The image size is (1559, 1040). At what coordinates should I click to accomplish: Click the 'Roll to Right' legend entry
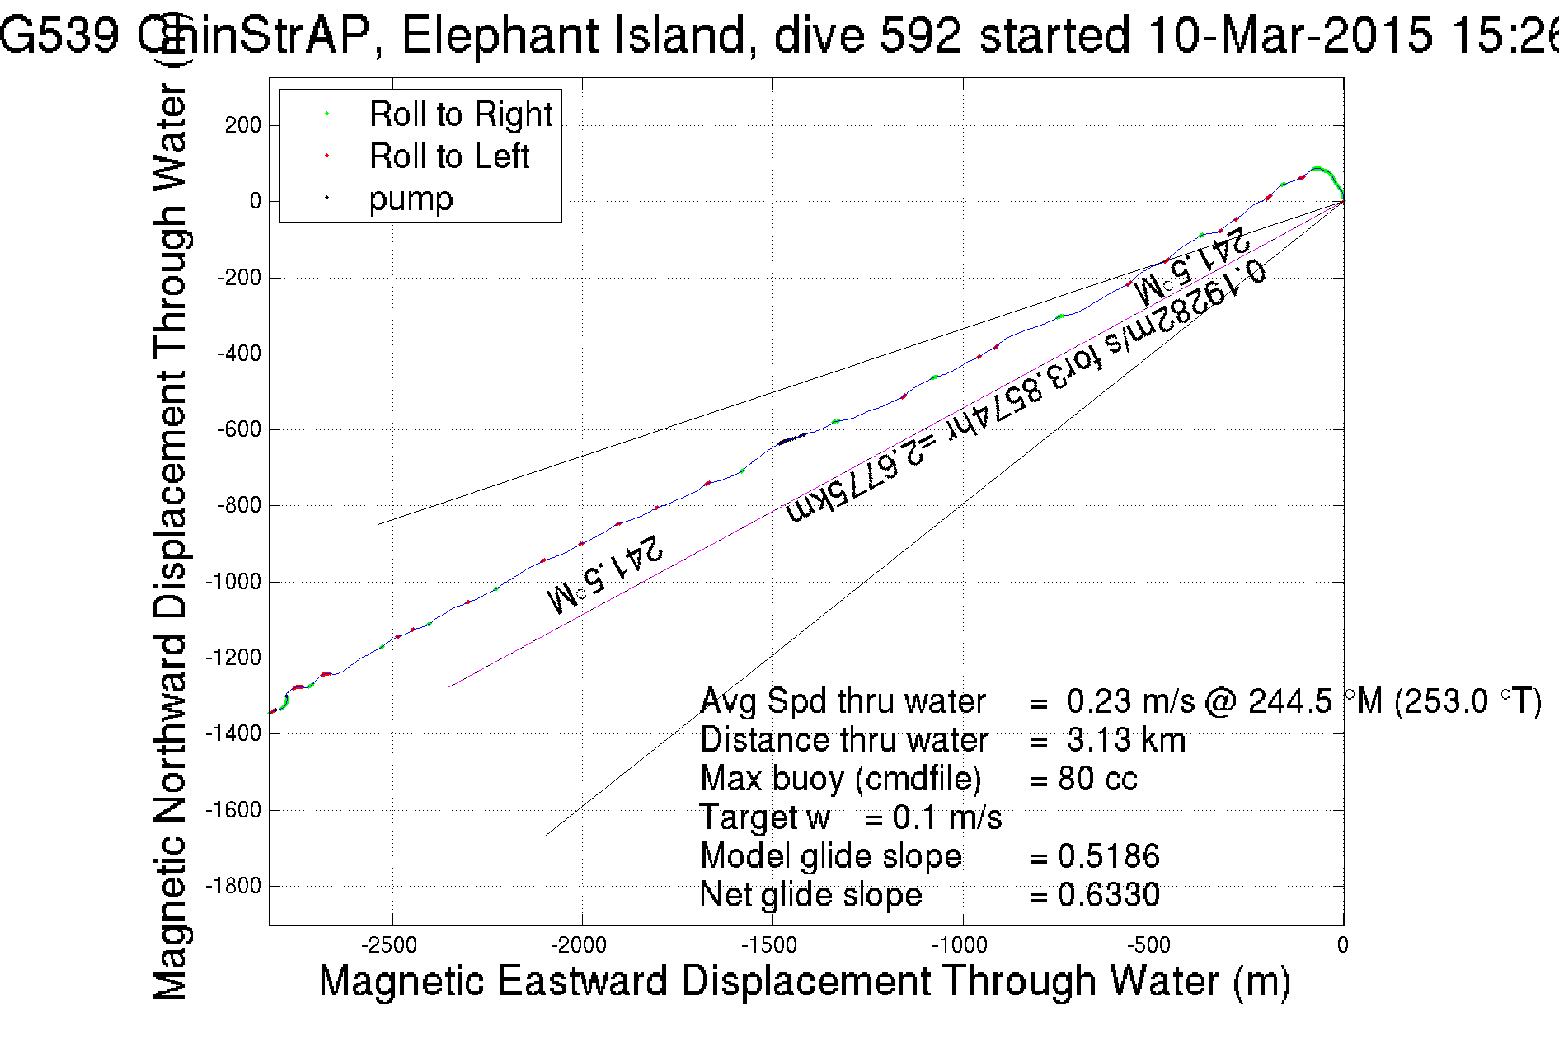click(460, 114)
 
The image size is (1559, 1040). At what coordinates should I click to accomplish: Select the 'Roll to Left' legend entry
click(448, 156)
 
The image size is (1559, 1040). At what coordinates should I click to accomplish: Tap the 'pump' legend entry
click(411, 199)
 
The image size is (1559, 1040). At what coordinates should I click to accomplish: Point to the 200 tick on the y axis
click(242, 125)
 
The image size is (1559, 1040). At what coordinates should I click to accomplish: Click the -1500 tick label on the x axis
click(772, 945)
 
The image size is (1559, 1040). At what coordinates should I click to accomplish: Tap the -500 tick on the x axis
click(1152, 945)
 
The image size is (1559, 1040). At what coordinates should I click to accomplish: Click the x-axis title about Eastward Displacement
click(804, 981)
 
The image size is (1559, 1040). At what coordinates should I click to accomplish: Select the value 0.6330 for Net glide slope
click(1108, 895)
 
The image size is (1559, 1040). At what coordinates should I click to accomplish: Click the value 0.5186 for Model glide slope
click(1108, 856)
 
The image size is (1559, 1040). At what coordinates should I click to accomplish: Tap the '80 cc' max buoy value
click(1096, 779)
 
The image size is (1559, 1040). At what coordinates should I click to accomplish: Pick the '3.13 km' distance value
click(1125, 740)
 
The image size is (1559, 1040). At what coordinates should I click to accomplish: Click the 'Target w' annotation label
click(764, 817)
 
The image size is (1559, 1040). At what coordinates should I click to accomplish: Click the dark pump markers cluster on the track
click(790, 439)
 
